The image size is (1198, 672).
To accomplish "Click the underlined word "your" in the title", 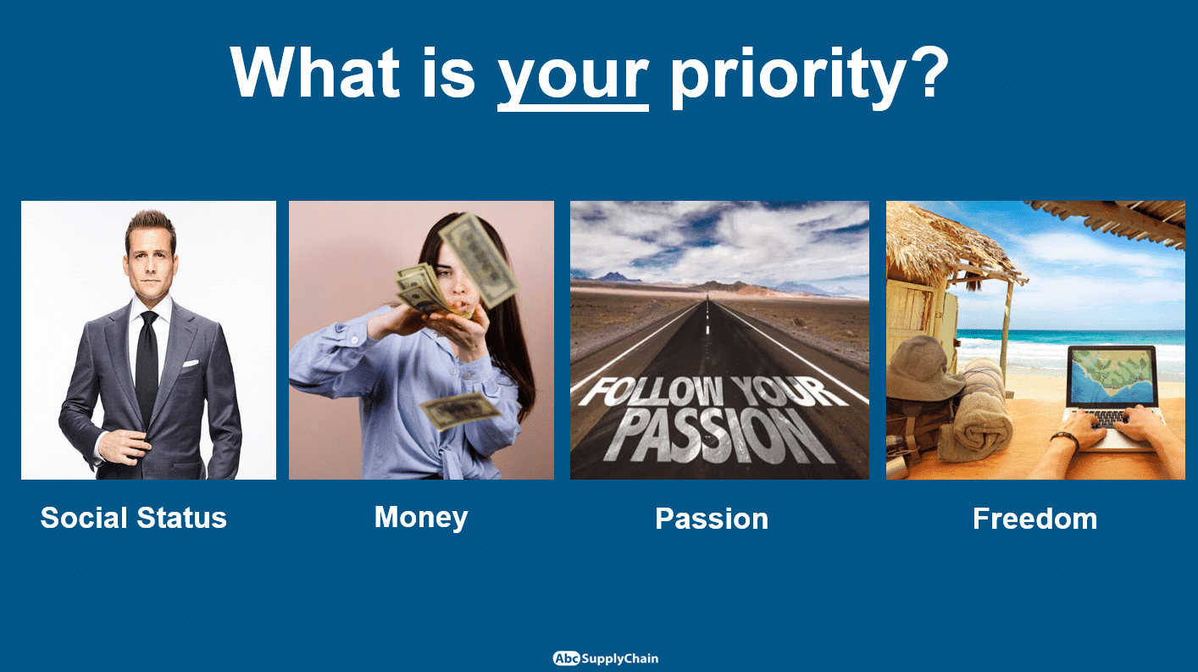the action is tap(573, 78).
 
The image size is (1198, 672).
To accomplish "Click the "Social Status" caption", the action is tap(134, 518).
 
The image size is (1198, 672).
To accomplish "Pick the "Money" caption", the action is tap(421, 518).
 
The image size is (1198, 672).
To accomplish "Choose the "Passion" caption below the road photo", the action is tap(712, 519).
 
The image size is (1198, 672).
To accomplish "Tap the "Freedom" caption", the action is tap(1034, 519).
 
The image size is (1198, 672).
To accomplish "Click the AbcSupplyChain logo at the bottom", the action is tap(606, 658).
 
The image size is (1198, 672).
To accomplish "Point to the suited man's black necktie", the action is tap(147, 364).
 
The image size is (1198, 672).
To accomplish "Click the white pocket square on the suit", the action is tap(191, 364).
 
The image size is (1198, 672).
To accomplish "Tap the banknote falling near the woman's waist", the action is tap(461, 411).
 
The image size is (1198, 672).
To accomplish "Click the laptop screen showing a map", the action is tap(1112, 376).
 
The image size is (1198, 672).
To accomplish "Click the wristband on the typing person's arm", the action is tap(1065, 439).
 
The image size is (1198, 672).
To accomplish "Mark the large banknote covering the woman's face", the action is tap(480, 259).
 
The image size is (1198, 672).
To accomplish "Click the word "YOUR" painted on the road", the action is tap(790, 392).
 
